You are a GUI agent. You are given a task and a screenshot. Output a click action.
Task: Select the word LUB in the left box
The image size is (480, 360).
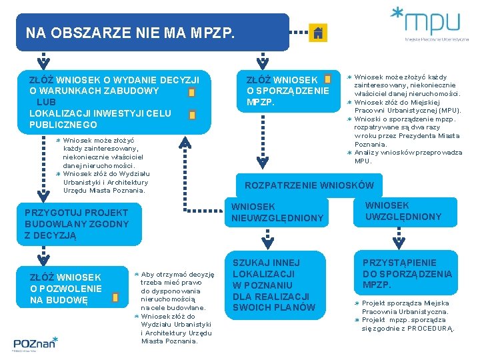tap(47, 102)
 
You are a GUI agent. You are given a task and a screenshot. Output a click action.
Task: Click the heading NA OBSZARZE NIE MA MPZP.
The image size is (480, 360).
tap(131, 32)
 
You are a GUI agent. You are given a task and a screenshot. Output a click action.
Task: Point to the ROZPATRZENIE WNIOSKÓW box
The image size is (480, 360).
tap(309, 185)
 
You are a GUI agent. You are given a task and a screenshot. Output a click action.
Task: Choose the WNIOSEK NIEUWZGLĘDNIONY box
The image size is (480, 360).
tap(277, 212)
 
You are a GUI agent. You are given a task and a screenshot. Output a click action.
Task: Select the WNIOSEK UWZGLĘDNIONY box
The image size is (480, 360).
tap(403, 211)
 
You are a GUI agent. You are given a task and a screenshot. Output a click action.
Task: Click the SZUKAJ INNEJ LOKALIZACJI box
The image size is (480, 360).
tap(274, 285)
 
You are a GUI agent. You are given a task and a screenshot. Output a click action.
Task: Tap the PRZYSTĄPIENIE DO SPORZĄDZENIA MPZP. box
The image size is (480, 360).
tap(407, 273)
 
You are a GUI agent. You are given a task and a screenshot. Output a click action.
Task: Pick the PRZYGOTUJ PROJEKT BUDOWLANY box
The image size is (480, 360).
tap(76, 223)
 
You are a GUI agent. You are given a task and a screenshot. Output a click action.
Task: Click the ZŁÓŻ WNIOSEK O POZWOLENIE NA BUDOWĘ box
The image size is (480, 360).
tap(66, 288)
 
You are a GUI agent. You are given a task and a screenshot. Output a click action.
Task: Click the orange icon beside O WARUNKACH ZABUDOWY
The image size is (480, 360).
tap(191, 92)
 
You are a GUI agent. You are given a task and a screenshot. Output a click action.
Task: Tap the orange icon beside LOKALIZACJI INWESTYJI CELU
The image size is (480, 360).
tap(193, 115)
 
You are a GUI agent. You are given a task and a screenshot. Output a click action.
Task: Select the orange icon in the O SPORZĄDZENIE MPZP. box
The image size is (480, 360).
tap(327, 79)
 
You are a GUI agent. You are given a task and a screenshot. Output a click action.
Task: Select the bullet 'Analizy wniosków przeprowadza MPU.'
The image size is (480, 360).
tap(408, 156)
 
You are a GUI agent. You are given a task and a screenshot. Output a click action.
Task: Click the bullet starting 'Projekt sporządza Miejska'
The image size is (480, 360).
tap(405, 307)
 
